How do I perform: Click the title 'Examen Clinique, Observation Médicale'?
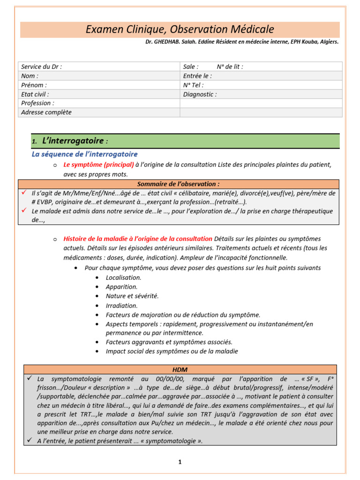(x=180, y=30)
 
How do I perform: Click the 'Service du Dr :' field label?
(x=42, y=67)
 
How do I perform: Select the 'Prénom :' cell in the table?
(x=34, y=85)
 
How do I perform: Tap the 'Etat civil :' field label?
(x=35, y=94)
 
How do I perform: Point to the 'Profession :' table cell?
(x=37, y=103)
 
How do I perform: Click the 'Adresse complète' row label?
(x=46, y=112)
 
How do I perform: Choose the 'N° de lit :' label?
(x=230, y=67)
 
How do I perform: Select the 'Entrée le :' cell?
(x=197, y=76)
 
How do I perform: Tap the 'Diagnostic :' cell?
(x=200, y=94)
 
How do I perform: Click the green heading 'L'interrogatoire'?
(x=73, y=141)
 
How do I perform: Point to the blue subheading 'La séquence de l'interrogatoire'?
(x=84, y=154)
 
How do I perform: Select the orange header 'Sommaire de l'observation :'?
(x=178, y=184)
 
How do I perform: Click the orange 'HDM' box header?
(x=180, y=370)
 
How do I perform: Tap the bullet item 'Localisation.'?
(x=123, y=277)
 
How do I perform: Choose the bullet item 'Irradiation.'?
(x=121, y=306)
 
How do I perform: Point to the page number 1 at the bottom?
(x=180, y=462)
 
